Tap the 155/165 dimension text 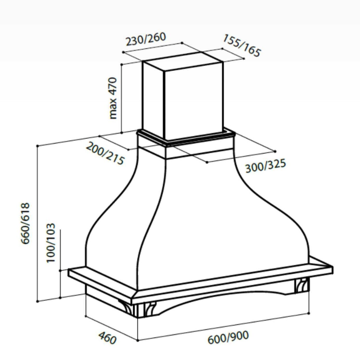[242, 46]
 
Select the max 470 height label [113, 98]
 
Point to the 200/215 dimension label [105, 153]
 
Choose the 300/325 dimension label [265, 166]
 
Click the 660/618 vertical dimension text [26, 223]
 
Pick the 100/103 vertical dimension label [51, 243]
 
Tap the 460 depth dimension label [107, 338]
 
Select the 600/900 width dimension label [228, 337]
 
